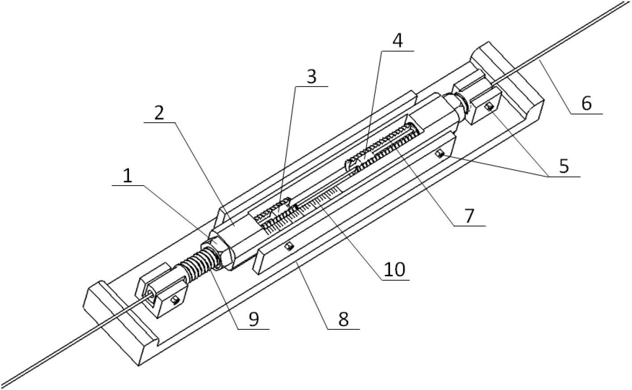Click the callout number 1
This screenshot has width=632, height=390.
point(127,177)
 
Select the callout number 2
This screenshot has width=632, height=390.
point(159,114)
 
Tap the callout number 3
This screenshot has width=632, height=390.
point(311,76)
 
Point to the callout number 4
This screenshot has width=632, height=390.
point(397,41)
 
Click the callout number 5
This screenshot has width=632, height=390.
point(564,166)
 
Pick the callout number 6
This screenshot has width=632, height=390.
point(586,103)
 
